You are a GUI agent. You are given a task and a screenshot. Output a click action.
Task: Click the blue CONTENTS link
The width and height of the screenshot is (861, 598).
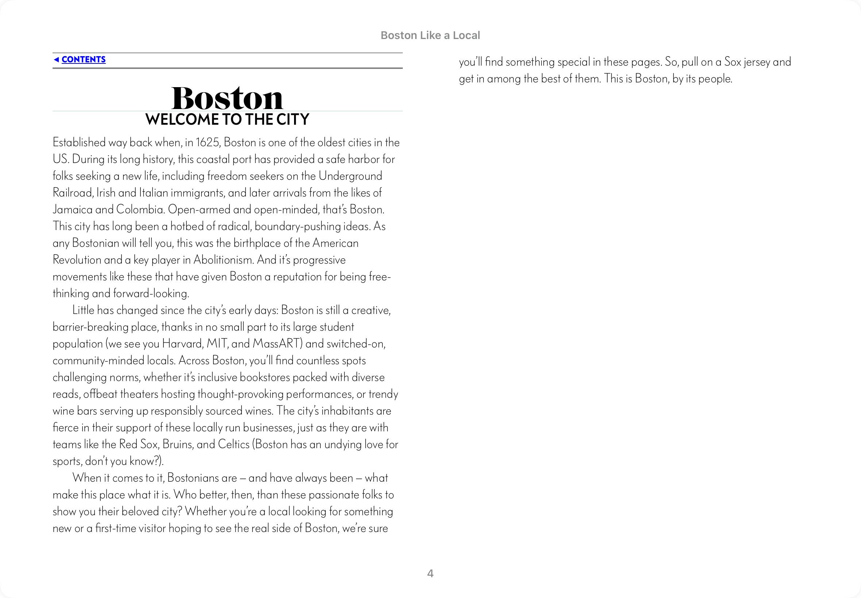pos(83,59)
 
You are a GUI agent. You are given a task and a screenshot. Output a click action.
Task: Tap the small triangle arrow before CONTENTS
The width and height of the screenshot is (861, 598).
pos(56,59)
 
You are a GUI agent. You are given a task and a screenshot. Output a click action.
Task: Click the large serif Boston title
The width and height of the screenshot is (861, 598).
pos(227,98)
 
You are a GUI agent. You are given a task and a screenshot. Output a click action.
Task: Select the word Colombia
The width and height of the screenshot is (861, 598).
pos(140,209)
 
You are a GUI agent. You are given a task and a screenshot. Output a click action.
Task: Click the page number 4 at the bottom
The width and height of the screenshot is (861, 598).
pos(430,574)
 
